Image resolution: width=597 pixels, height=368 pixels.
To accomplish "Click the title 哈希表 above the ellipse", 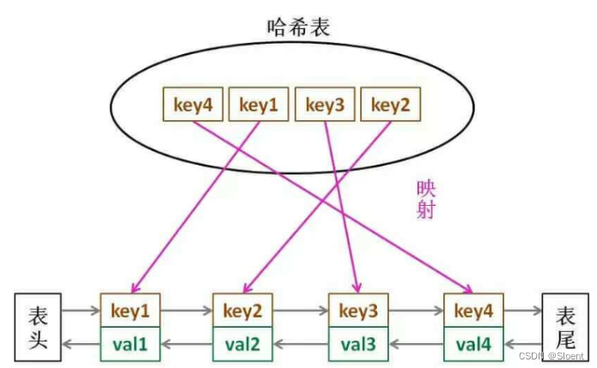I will tap(298, 27).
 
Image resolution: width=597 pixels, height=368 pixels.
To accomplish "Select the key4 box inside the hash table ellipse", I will tap(193, 106).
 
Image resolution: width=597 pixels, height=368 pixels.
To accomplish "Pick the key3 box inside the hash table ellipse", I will tap(326, 106).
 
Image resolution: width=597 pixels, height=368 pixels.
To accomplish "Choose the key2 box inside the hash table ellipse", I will tap(392, 106).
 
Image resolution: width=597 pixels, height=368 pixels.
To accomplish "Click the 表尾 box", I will tap(564, 327).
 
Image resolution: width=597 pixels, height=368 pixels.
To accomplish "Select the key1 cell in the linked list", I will tap(131, 310).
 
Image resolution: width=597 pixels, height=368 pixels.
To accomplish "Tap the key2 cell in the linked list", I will tap(242, 310).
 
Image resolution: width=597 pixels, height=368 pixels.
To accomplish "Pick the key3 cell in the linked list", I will tap(358, 310).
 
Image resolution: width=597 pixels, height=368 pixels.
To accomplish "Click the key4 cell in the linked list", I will tap(473, 310).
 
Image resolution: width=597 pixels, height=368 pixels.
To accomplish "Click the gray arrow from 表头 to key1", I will tap(82, 310).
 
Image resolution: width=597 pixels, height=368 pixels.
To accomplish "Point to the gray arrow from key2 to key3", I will tap(300, 310).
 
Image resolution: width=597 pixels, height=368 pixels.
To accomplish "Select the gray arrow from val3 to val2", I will tap(300, 345).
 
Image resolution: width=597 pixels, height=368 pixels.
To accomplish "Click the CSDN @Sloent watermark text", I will tap(555, 355).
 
